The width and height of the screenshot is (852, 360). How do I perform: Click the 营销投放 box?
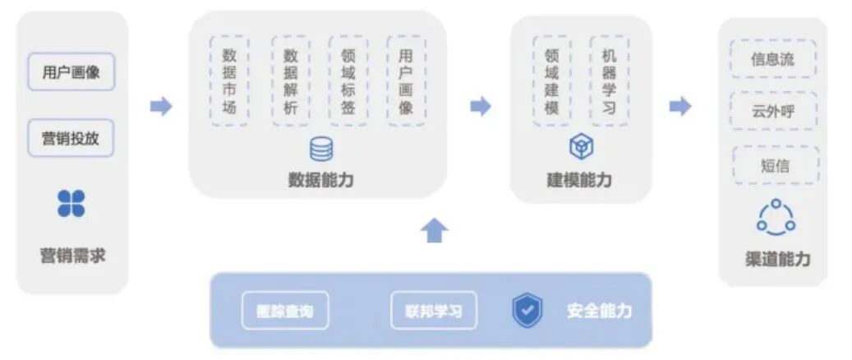click(71, 138)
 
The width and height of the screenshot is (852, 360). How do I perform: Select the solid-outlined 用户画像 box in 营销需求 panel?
click(71, 72)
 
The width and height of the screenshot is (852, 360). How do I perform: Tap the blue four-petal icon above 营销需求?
click(71, 203)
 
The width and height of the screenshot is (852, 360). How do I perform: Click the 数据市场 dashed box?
click(229, 81)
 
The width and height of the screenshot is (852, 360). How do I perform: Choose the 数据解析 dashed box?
click(290, 81)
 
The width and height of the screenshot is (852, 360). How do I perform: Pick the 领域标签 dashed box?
click(348, 81)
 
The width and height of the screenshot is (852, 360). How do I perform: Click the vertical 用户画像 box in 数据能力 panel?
click(406, 81)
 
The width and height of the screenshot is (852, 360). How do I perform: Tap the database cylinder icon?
click(321, 150)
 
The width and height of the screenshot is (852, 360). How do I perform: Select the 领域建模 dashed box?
click(551, 81)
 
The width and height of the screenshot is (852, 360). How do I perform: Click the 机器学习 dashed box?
click(609, 81)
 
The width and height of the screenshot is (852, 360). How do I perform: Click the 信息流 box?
click(772, 59)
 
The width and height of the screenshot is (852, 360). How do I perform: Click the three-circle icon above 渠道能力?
click(776, 217)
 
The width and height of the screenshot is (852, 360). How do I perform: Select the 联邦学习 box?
click(433, 311)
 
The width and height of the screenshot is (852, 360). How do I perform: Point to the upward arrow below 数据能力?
click(435, 231)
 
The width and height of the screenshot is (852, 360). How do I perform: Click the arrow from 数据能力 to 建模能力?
click(480, 106)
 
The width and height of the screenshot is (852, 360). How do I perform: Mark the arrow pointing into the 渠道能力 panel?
click(679, 106)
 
